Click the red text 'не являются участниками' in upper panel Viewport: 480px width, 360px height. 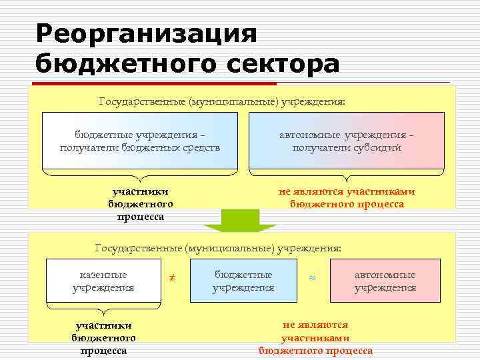(347, 191)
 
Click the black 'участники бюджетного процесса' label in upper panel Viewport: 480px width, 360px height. (140, 204)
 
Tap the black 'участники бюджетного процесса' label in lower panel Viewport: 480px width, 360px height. (103, 338)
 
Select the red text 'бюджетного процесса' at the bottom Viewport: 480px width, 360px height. (315, 351)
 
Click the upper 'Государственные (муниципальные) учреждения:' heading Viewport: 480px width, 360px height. (222, 102)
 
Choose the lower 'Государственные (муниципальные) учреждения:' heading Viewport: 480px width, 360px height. (218, 248)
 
